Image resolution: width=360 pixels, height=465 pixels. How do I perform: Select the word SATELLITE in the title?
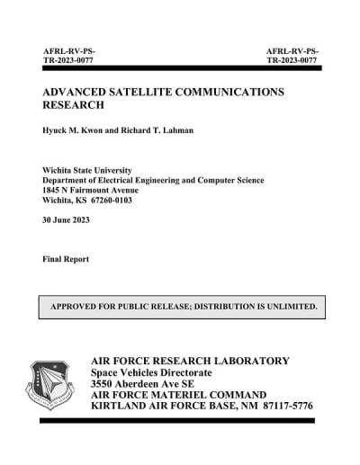156,93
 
